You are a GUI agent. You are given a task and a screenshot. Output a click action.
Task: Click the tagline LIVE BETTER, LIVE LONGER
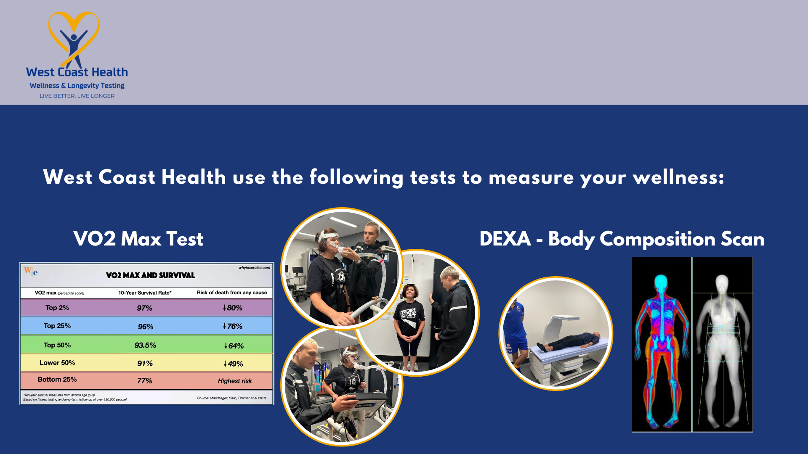tap(77, 96)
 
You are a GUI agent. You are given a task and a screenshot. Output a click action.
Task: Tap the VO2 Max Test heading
tap(138, 239)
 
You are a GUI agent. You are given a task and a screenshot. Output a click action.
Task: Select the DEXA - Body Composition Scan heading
tap(622, 239)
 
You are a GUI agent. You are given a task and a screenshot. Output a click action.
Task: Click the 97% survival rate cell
tap(144, 308)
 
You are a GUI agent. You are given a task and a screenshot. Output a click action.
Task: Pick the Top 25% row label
tap(57, 326)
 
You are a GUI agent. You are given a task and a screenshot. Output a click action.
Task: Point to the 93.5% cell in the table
tap(145, 345)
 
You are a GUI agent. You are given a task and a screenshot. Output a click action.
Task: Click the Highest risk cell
tap(234, 381)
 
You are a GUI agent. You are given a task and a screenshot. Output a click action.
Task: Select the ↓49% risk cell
tap(233, 364)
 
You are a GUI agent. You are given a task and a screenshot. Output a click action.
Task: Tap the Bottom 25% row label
tap(57, 379)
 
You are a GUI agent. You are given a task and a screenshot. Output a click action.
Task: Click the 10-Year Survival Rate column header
tap(145, 293)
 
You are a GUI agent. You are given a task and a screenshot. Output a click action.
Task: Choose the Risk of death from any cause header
tap(231, 293)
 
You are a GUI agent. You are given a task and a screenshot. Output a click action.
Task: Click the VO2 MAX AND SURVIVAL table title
tap(150, 275)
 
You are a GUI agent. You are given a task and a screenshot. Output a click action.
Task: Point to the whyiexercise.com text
tap(254, 267)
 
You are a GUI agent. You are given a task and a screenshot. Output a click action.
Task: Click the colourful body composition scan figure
tap(661, 345)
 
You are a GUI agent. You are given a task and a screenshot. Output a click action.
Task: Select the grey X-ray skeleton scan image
tap(722, 345)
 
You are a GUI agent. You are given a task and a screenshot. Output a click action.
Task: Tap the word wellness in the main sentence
tap(678, 177)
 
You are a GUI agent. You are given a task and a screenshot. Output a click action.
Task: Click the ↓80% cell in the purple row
tap(233, 308)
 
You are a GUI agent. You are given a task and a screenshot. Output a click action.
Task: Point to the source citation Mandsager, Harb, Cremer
tap(231, 398)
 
